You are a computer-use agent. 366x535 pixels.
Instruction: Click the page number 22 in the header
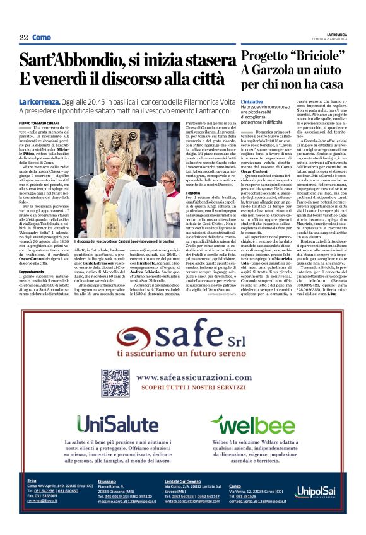point(23,38)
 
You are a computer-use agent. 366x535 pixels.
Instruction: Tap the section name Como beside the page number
point(42,38)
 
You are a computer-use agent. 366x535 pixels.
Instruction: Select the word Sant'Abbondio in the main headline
point(67,61)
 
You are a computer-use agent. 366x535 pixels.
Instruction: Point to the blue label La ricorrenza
point(39,101)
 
